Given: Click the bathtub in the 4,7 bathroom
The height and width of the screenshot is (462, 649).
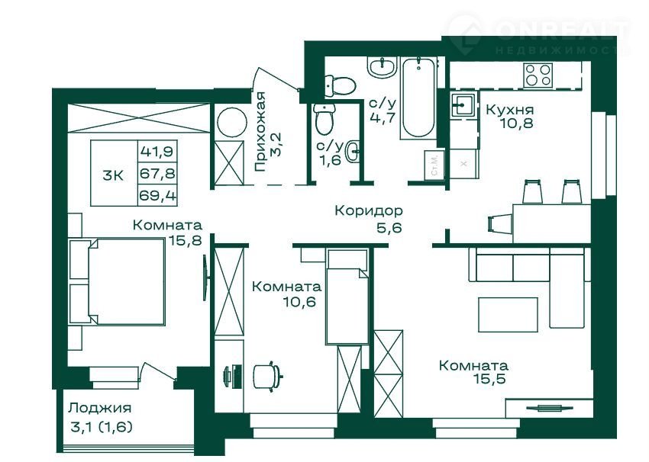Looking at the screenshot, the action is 418,98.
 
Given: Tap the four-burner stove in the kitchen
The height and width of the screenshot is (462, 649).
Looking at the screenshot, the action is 538,75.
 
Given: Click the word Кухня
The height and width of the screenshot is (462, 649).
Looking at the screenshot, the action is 509,110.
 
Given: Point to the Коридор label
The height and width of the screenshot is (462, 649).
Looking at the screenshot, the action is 368,210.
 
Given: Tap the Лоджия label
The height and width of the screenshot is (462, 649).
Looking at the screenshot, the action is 100,408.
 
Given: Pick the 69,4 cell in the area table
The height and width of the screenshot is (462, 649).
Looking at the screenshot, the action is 157,194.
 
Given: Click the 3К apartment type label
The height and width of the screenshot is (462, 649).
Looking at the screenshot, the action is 113,175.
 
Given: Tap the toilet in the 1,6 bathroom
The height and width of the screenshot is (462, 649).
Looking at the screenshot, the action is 324,118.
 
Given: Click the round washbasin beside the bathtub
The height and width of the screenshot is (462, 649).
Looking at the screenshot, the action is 382,66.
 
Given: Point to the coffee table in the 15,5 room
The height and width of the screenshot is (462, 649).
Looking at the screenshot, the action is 508,314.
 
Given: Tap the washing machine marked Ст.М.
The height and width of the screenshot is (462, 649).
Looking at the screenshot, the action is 434,165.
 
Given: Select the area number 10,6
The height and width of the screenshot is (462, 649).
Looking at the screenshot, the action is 299,302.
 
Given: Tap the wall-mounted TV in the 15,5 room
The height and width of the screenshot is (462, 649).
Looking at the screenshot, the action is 550,409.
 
